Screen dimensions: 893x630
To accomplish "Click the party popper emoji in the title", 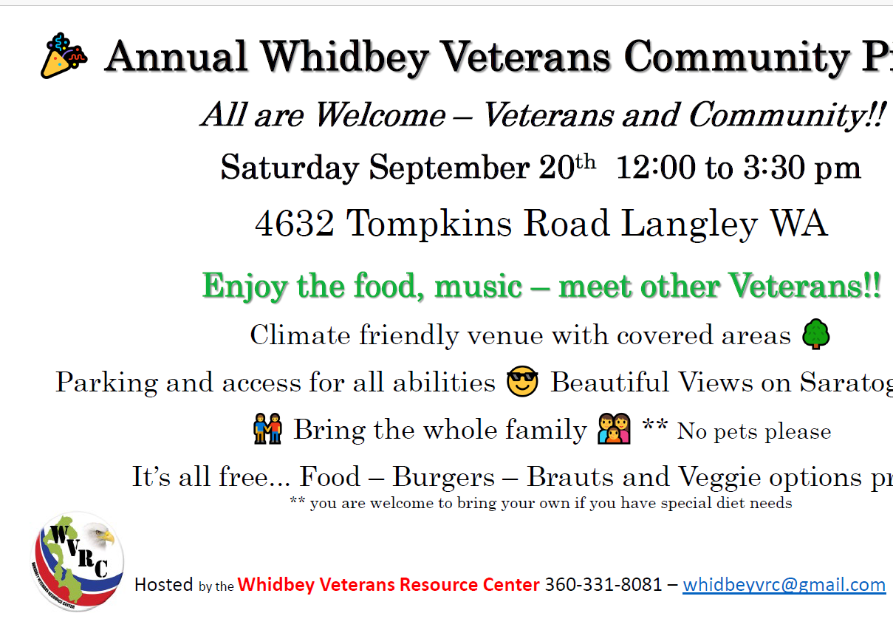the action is [64, 56].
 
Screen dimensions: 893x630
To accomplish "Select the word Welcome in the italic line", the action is [380, 114].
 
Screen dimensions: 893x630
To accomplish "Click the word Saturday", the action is [290, 168].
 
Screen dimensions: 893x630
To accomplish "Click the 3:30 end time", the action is [773, 168].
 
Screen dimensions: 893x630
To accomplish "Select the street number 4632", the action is [294, 224].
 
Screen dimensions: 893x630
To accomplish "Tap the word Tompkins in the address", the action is [428, 224].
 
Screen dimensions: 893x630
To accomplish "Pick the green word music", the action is [478, 286].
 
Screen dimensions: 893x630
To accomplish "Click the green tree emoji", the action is [816, 334].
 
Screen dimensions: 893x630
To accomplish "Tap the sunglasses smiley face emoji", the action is [522, 381].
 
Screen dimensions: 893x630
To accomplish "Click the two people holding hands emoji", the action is [268, 429].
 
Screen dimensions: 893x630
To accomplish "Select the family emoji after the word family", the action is [614, 429].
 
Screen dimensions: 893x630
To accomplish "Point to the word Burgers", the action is [443, 476].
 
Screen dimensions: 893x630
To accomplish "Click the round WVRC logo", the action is [78, 562].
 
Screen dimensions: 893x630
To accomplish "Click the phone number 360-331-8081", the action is [603, 585].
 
